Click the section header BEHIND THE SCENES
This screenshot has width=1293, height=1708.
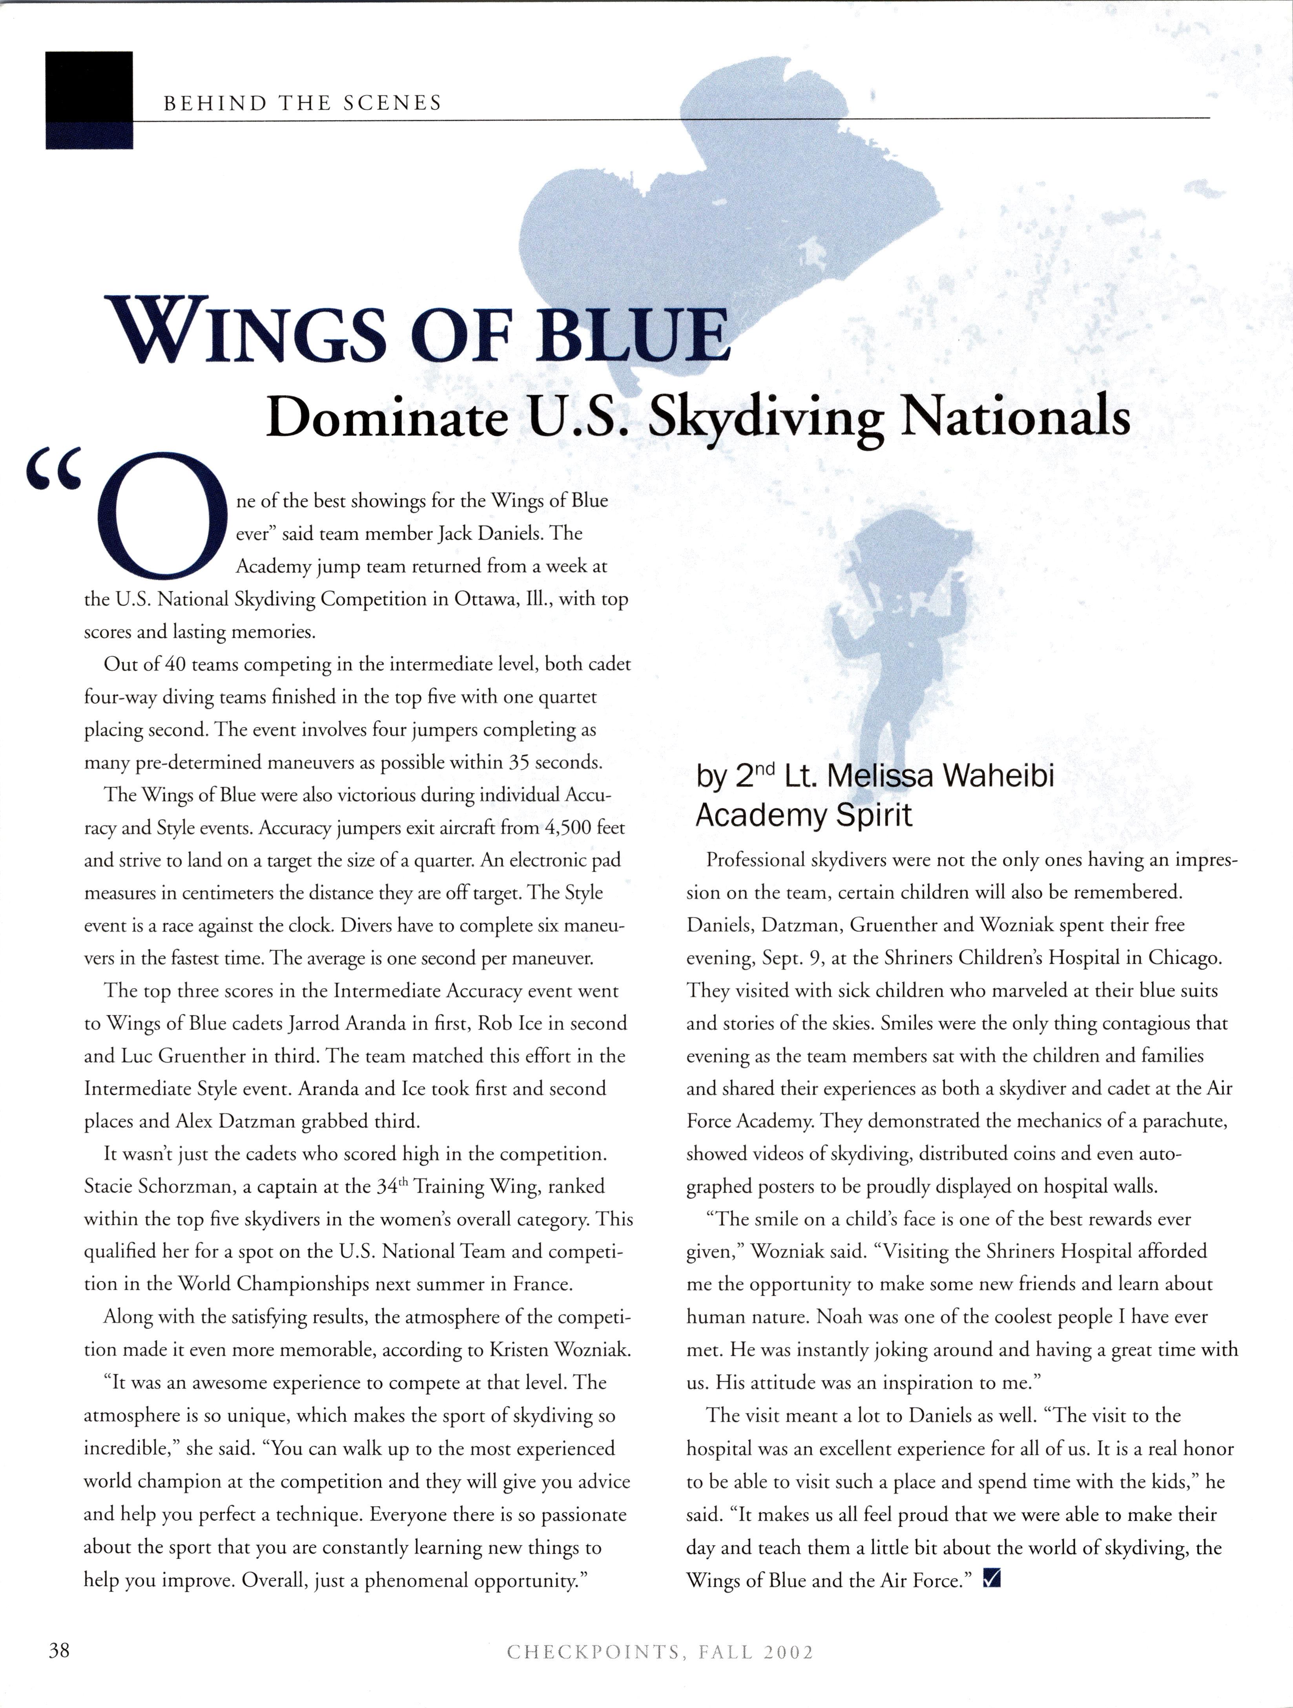tap(302, 104)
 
